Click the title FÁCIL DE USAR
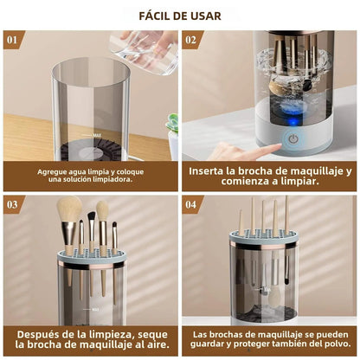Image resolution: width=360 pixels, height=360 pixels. [x=180, y=16]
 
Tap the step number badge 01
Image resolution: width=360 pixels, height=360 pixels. [x=12, y=40]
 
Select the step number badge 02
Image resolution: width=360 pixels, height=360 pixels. [x=192, y=40]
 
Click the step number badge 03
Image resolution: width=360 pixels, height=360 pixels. [x=12, y=204]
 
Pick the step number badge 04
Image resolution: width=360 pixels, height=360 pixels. [x=192, y=204]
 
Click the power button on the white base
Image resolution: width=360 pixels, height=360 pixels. [x=292, y=138]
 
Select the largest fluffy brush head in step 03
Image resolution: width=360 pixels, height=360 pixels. [x=70, y=210]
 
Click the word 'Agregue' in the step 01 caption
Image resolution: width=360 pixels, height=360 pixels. [x=54, y=171]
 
